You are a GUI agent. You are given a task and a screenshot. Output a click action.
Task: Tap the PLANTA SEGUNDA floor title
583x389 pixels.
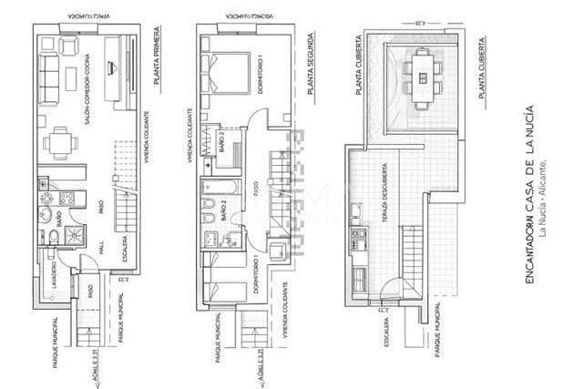(310, 72)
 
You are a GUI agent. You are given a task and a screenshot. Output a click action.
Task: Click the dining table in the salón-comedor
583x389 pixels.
(61, 141)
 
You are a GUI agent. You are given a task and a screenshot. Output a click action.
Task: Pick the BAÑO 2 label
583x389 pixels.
(223, 212)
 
